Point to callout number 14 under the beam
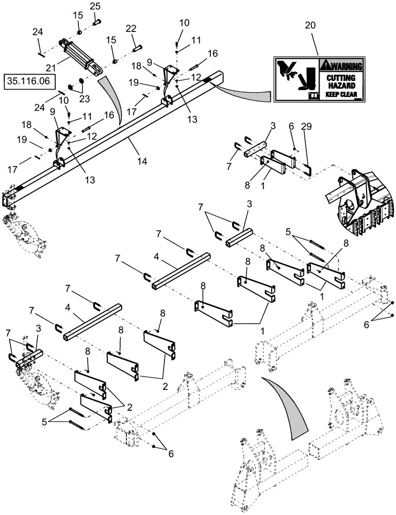(x=142, y=161)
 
